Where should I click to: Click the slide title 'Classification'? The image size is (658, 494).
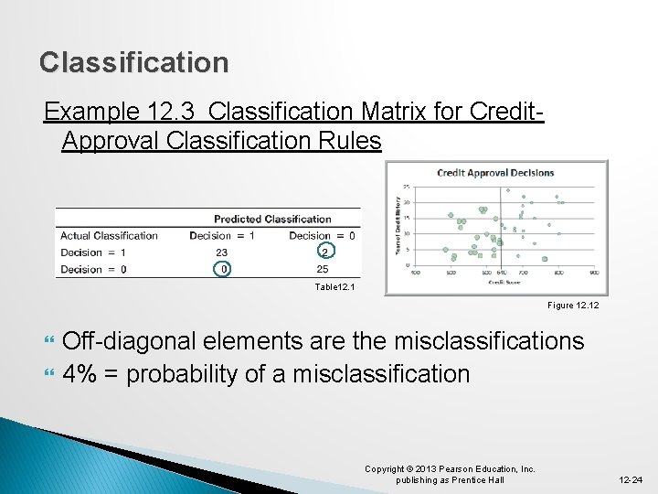point(134,62)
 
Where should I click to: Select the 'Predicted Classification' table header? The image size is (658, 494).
point(272,219)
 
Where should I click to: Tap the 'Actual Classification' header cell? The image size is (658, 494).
point(109,235)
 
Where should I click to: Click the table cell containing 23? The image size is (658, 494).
point(221,252)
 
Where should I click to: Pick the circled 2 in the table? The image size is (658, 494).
point(324,252)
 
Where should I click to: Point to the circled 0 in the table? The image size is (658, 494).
point(221,269)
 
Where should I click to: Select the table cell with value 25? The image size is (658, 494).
point(322,269)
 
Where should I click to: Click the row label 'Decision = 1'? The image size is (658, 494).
point(93,252)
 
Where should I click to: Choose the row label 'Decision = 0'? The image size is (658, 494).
point(93,269)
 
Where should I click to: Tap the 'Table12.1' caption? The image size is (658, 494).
point(334,287)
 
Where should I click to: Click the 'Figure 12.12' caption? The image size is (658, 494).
point(574,305)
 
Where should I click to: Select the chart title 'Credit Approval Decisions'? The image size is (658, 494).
point(495,173)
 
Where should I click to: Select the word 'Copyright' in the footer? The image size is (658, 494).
point(385,469)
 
